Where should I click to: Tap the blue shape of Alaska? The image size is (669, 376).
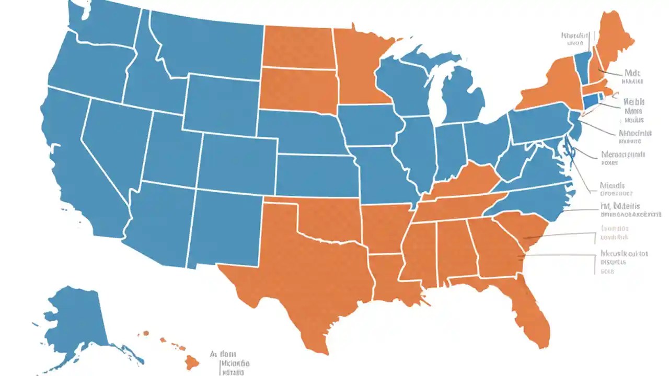[x=78, y=319]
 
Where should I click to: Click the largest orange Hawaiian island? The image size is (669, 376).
[x=192, y=361]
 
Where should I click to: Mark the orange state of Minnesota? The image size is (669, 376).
[x=361, y=68]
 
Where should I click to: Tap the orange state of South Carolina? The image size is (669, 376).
[x=523, y=230]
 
